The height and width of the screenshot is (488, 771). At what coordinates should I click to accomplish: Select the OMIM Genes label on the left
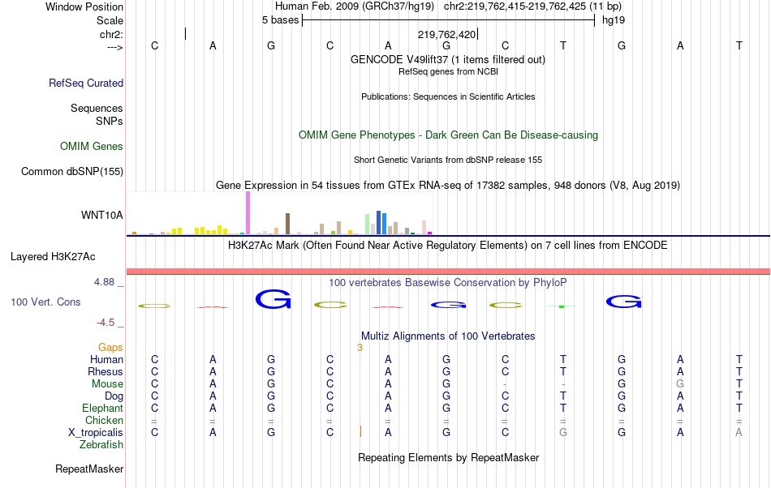[92, 147]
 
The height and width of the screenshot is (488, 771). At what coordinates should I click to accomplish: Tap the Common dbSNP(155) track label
[72, 171]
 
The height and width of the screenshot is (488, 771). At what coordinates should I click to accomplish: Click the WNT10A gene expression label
[102, 216]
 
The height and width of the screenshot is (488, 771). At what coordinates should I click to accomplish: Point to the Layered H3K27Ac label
[53, 257]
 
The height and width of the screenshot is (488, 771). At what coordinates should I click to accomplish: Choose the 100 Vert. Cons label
[45, 302]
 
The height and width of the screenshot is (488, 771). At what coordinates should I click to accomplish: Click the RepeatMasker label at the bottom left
[89, 469]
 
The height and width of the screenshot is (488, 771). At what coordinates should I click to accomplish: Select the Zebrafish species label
[101, 444]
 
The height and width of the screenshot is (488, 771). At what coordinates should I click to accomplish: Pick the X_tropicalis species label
[96, 432]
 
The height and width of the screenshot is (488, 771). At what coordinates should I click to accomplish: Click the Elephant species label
[102, 408]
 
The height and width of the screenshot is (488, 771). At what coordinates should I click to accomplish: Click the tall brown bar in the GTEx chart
[287, 223]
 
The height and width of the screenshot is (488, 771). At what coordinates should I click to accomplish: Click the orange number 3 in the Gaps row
[359, 347]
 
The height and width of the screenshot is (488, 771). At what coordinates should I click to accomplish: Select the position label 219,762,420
[446, 35]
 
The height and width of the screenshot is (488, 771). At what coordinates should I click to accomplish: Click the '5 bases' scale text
[280, 19]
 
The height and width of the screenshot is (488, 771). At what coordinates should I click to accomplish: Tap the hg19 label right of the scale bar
[613, 19]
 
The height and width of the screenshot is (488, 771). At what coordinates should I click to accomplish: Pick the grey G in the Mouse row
[680, 383]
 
